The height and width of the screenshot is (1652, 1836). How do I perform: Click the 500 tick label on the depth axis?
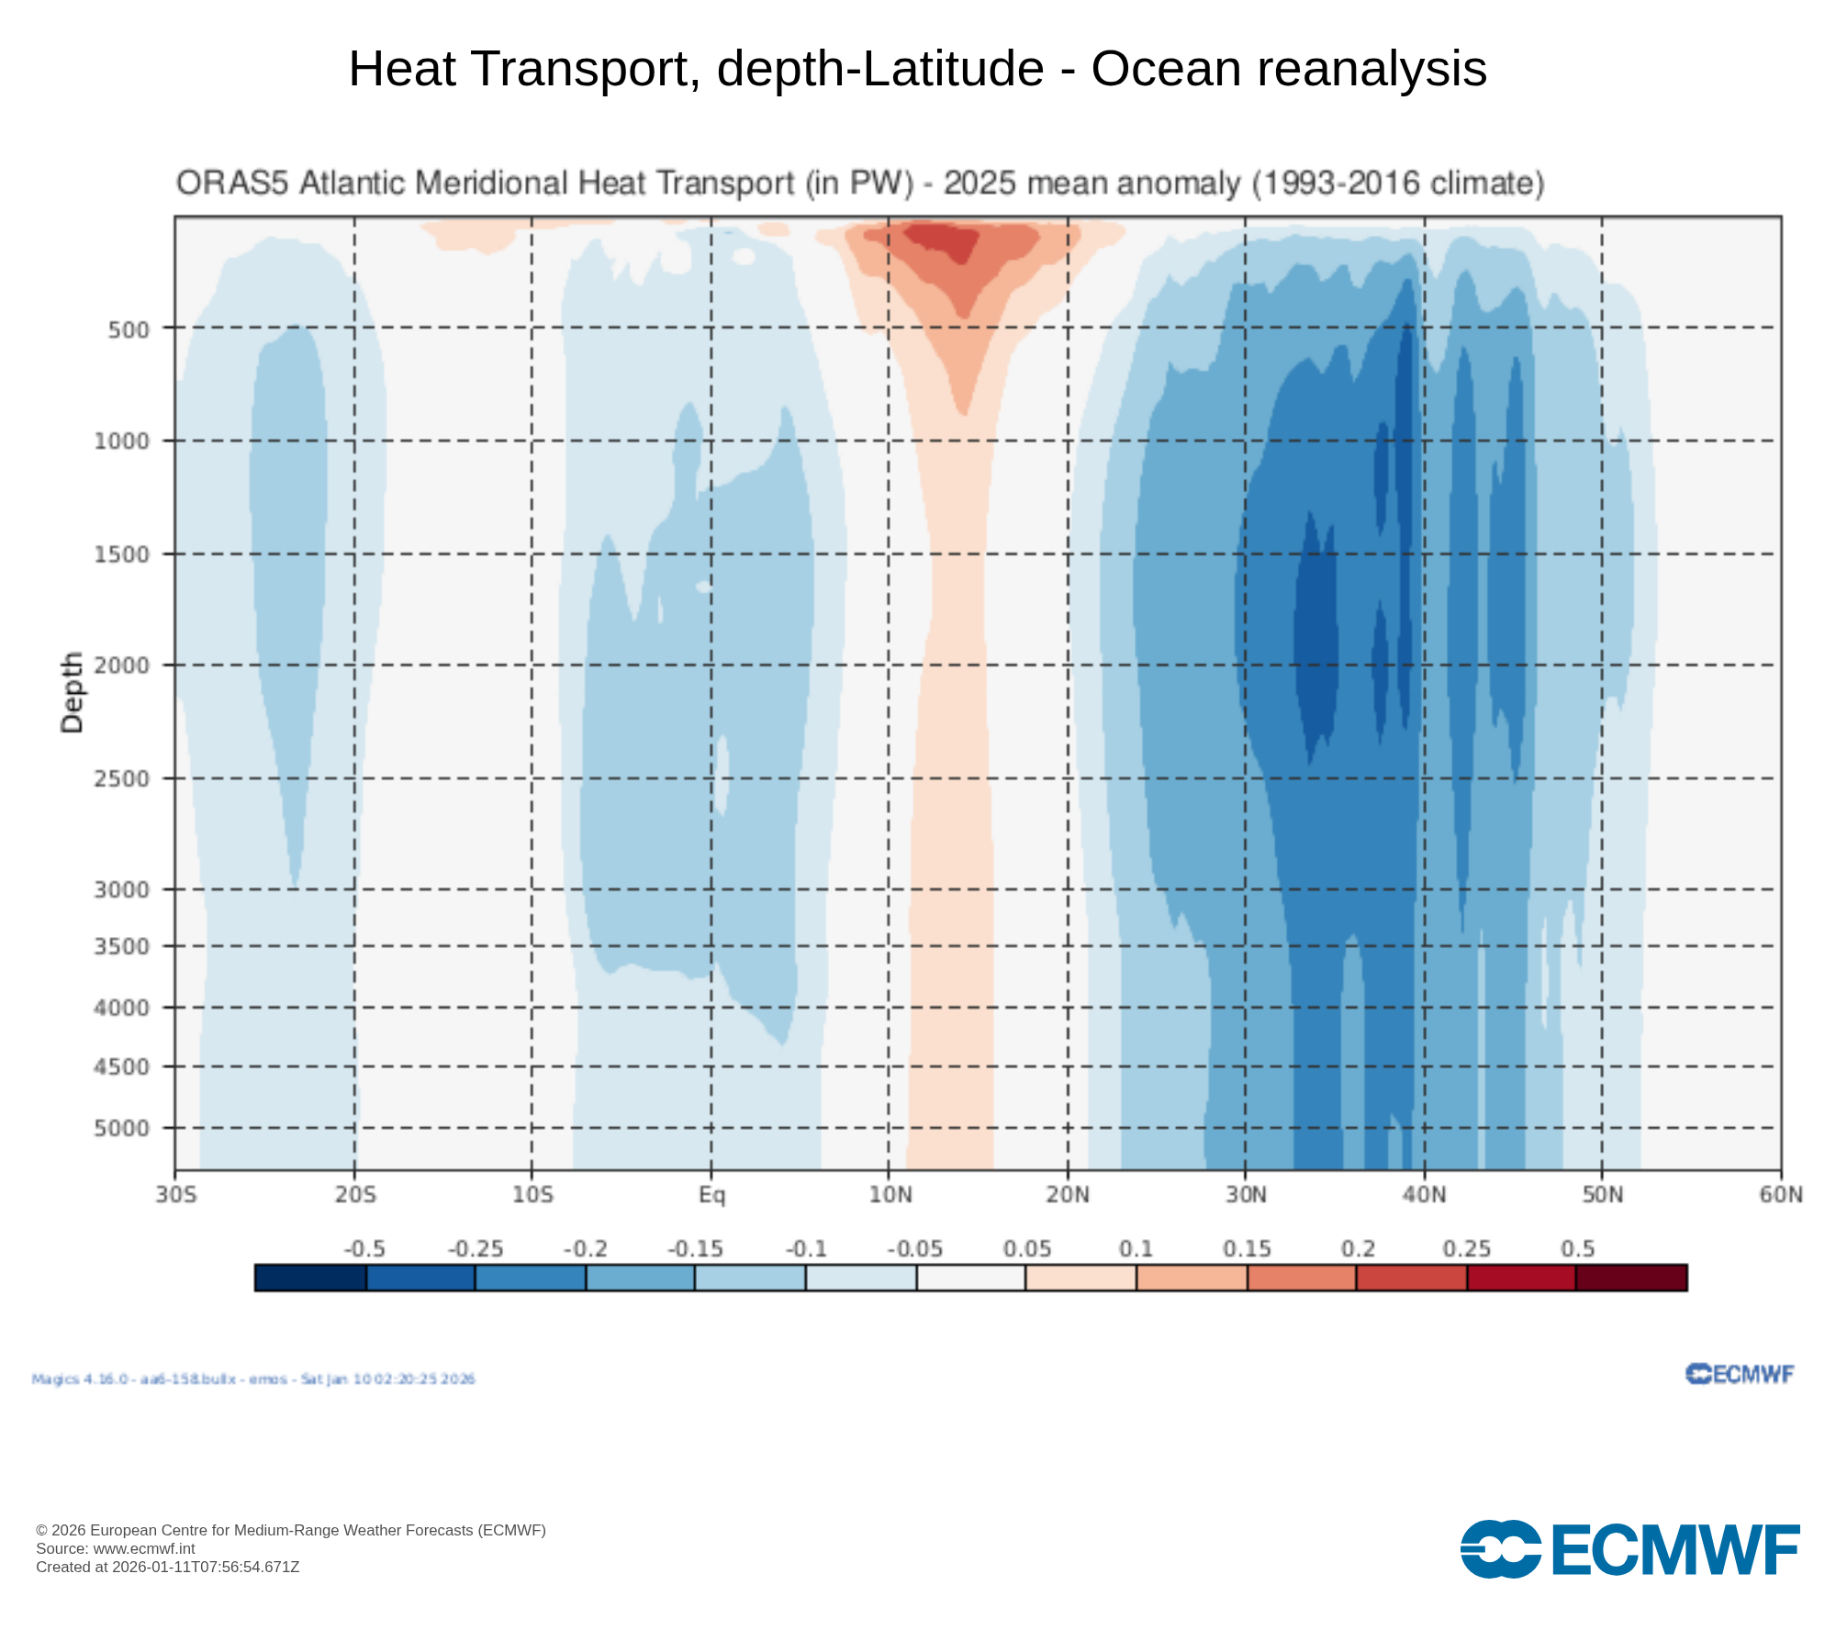tap(129, 329)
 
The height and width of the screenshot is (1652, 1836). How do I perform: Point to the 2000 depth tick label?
tap(121, 665)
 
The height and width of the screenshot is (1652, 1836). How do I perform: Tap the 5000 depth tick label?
tap(121, 1128)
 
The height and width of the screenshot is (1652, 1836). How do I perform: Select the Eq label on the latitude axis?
tap(711, 1194)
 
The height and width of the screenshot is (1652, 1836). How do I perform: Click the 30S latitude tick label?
tap(175, 1194)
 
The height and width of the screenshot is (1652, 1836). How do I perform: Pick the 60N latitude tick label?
tap(1781, 1194)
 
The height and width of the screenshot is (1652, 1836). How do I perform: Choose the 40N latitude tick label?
tap(1424, 1194)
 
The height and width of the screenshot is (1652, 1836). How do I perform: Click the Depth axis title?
tap(72, 692)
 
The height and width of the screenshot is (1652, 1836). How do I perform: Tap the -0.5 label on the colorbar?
tap(364, 1249)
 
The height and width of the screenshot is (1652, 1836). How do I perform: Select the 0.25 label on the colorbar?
tap(1466, 1249)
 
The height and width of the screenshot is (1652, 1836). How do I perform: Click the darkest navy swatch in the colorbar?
tap(310, 1278)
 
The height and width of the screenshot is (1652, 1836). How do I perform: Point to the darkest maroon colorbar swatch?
tap(1631, 1278)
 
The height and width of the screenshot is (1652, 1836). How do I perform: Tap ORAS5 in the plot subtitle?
tap(232, 184)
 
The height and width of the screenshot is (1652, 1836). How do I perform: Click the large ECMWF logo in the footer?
tap(1629, 1549)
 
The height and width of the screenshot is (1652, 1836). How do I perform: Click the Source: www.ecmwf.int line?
tap(116, 1548)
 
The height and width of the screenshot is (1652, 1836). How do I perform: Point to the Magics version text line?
tap(253, 1379)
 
